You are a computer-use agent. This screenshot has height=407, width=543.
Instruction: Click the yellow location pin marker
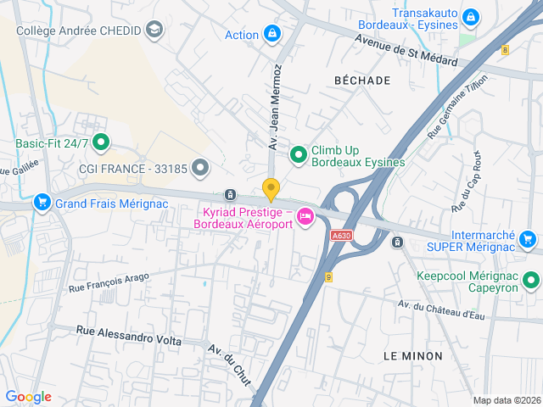click(271, 189)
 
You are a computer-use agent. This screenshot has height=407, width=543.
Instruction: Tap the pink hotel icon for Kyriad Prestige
click(305, 218)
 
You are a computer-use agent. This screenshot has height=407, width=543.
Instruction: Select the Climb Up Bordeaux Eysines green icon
click(298, 154)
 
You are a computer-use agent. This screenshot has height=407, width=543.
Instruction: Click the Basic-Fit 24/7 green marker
click(101, 143)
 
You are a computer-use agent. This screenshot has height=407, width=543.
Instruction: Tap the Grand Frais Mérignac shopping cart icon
click(42, 203)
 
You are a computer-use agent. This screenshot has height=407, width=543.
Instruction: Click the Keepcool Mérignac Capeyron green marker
click(531, 280)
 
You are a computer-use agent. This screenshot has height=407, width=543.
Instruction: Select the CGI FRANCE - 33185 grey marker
click(200, 168)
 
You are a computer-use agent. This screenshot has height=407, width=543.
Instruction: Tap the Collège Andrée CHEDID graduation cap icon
click(154, 31)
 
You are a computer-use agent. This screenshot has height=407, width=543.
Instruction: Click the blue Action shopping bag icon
click(271, 35)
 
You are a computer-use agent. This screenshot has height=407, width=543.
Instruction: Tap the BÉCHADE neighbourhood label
click(362, 81)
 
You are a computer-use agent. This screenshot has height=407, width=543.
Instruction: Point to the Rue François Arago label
click(109, 282)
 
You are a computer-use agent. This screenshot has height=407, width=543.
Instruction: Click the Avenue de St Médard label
click(406, 51)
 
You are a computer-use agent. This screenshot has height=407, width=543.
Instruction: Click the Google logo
click(28, 397)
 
